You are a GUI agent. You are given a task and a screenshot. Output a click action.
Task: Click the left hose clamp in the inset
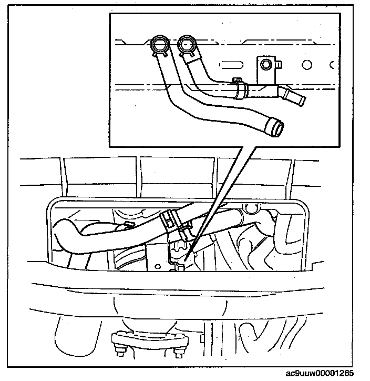[159, 44]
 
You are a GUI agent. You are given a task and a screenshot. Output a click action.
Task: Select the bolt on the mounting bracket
[266, 65]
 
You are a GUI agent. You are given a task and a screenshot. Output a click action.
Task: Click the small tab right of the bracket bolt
[279, 65]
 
